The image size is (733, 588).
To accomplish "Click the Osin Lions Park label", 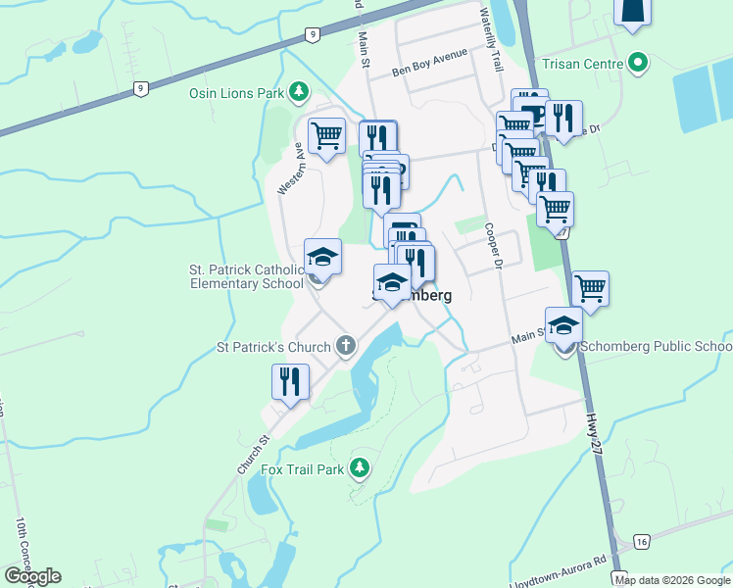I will (x=235, y=93).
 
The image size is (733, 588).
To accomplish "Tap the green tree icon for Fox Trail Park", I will (x=361, y=468).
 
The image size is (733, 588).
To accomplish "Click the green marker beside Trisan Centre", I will (x=639, y=65).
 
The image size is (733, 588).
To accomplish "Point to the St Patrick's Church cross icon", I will (x=345, y=345).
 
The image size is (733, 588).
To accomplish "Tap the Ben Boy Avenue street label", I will (x=429, y=64).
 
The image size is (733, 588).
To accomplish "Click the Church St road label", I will (x=251, y=457).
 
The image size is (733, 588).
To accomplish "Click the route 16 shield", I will (x=642, y=542).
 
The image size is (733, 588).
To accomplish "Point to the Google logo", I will (x=32, y=576).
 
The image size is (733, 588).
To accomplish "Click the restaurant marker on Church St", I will (x=290, y=381).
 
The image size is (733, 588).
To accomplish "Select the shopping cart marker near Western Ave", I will (x=326, y=135).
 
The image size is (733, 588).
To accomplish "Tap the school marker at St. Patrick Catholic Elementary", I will (x=322, y=257).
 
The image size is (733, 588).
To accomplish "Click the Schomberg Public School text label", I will (x=655, y=347).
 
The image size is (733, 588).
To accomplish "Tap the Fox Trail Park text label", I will (x=302, y=469).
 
